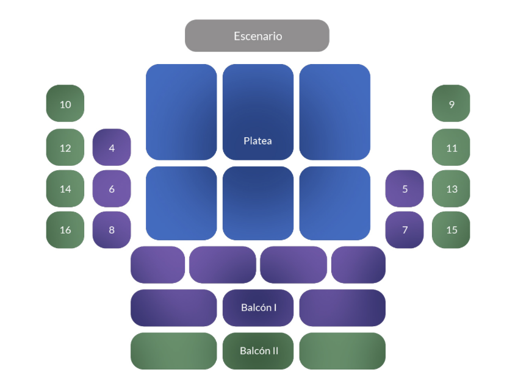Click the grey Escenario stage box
pyautogui.click(x=257, y=35)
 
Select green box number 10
pyautogui.click(x=65, y=104)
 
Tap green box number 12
pyautogui.click(x=65, y=148)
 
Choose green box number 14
pyautogui.click(x=65, y=188)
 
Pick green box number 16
pyautogui.click(x=65, y=230)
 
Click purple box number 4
pyautogui.click(x=112, y=148)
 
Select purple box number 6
pyautogui.click(x=112, y=188)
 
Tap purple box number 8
pyautogui.click(x=112, y=230)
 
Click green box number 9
pyautogui.click(x=451, y=104)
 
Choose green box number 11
pyautogui.click(x=451, y=148)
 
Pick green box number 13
pyautogui.click(x=451, y=188)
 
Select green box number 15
pyautogui.click(x=451, y=230)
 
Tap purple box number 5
pyautogui.click(x=405, y=188)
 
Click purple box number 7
pyautogui.click(x=405, y=230)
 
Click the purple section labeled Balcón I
pyautogui.click(x=258, y=308)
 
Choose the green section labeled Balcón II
pyautogui.click(x=258, y=351)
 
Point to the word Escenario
pyautogui.click(x=257, y=36)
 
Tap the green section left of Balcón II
pyautogui.click(x=174, y=351)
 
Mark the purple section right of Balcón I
pyautogui.click(x=342, y=308)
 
